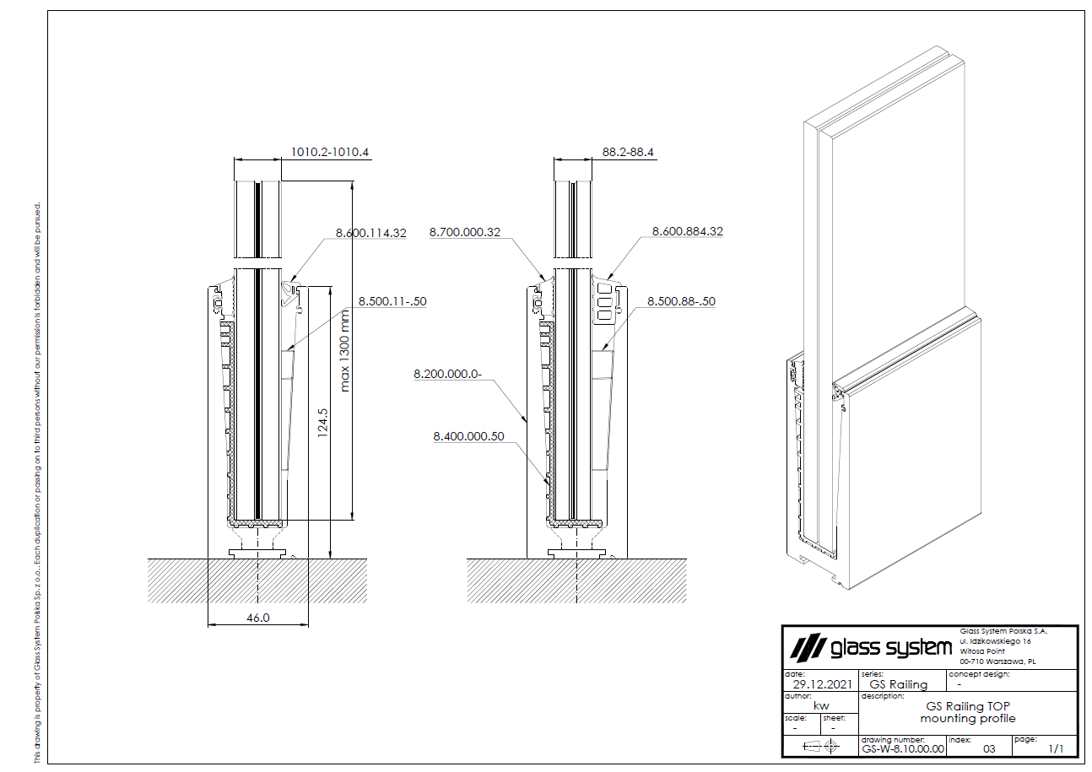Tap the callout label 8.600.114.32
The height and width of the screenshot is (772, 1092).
pos(371,232)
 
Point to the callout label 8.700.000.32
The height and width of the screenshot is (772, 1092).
pos(465,231)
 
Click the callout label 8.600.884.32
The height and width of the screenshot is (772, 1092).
pos(688,231)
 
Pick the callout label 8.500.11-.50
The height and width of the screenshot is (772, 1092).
pos(392,300)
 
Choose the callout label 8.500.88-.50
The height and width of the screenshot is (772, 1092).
pos(681,300)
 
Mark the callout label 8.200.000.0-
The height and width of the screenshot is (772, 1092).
pos(447,372)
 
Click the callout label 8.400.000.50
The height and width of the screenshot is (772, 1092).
pos(468,436)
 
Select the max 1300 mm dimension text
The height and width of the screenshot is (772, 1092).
pos(344,350)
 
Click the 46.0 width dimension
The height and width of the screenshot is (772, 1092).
pos(257,618)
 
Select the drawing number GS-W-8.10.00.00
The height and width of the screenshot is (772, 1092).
pos(902,748)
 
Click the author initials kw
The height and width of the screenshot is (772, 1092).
pos(821,706)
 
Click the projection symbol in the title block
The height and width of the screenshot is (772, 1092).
pos(821,746)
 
